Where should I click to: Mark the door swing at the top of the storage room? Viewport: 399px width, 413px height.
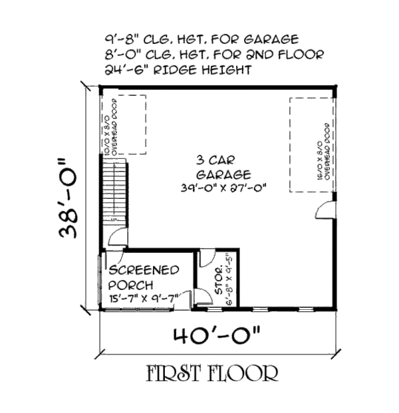pyautogui.click(x=207, y=259)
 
